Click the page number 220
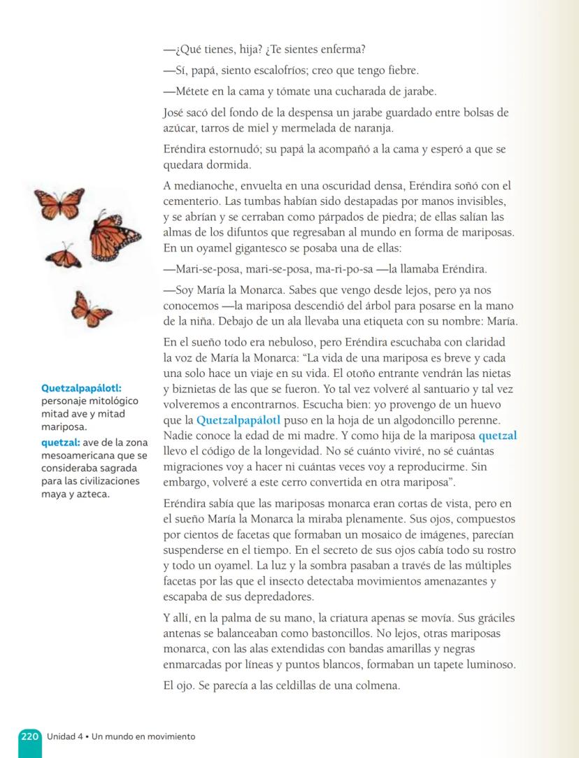pos(29,736)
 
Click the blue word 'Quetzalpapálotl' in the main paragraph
pos(238,420)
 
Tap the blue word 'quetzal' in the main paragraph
pos(498,436)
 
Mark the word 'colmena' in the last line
pos(378,685)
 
